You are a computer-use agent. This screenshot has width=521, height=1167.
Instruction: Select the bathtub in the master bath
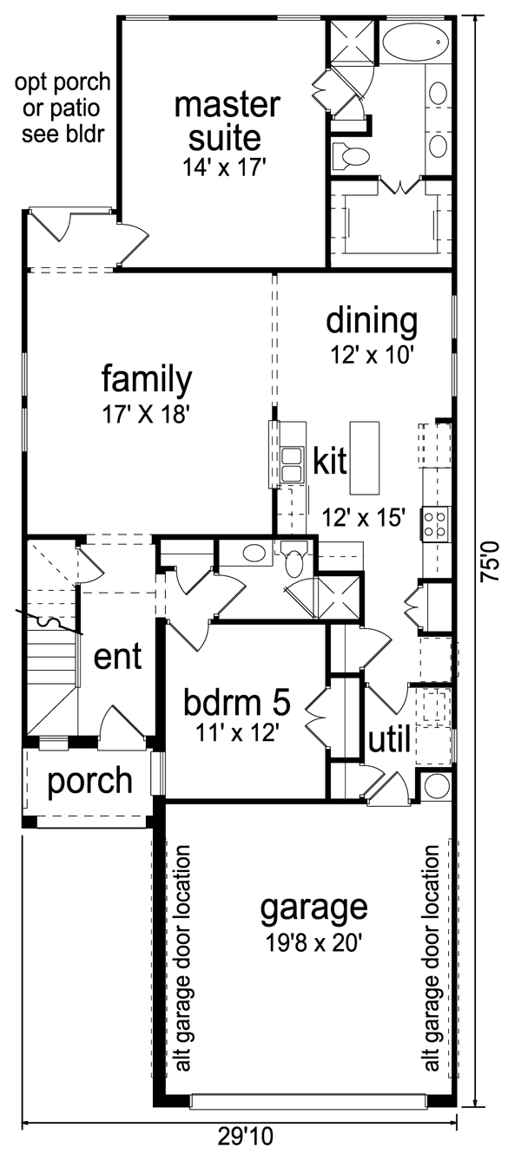click(x=414, y=39)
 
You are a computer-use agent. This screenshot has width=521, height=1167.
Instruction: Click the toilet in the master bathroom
click(x=352, y=157)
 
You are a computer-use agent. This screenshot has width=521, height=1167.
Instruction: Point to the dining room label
click(x=372, y=321)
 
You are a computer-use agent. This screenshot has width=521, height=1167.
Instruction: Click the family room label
click(x=146, y=379)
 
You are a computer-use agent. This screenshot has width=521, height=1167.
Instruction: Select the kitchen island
click(x=365, y=456)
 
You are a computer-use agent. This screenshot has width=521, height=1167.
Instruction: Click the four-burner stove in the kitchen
click(x=433, y=521)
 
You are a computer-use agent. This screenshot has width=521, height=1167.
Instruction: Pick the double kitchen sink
click(x=292, y=464)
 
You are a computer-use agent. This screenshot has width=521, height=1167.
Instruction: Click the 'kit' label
click(x=330, y=461)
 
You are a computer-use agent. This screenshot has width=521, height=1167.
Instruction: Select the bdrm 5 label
click(x=236, y=699)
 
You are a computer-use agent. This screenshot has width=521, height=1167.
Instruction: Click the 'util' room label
click(x=388, y=740)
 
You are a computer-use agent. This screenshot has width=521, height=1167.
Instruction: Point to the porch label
click(x=89, y=781)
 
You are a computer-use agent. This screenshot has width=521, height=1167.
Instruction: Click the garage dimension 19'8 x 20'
click(x=313, y=942)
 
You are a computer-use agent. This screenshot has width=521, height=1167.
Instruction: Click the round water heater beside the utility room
click(x=436, y=785)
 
